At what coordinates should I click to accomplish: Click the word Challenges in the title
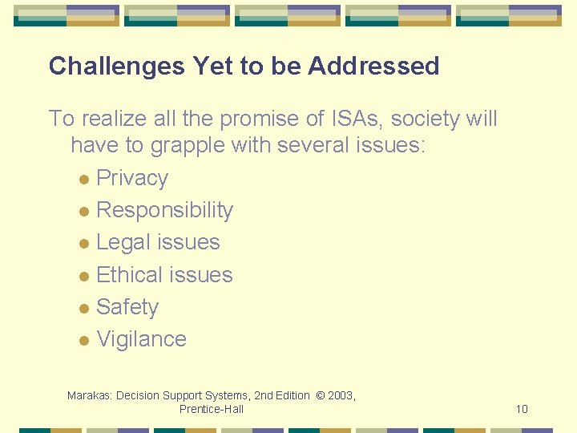point(116,67)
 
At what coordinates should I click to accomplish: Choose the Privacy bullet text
point(132,178)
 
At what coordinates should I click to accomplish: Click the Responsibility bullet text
point(164,210)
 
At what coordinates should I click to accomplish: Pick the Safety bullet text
point(127,307)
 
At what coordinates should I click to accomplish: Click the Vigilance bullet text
point(141,339)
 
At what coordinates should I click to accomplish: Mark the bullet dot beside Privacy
point(84,180)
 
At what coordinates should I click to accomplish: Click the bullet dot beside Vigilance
point(84,341)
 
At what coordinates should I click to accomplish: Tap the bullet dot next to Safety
point(84,309)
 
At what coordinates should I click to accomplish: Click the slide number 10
point(522,410)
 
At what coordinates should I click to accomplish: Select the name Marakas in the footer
point(90,395)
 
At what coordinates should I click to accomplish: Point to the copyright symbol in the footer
point(321,395)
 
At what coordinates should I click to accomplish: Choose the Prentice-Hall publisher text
point(212,409)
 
